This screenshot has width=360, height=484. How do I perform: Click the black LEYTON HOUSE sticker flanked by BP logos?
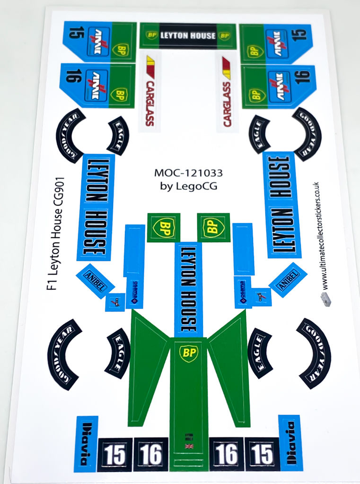[x=188, y=35]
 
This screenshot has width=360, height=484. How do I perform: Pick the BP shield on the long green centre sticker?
[x=188, y=353]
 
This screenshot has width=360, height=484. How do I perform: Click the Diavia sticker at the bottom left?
[x=86, y=443]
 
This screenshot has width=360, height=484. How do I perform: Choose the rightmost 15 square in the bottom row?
[x=262, y=454]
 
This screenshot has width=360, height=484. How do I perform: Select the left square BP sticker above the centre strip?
[x=163, y=227]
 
